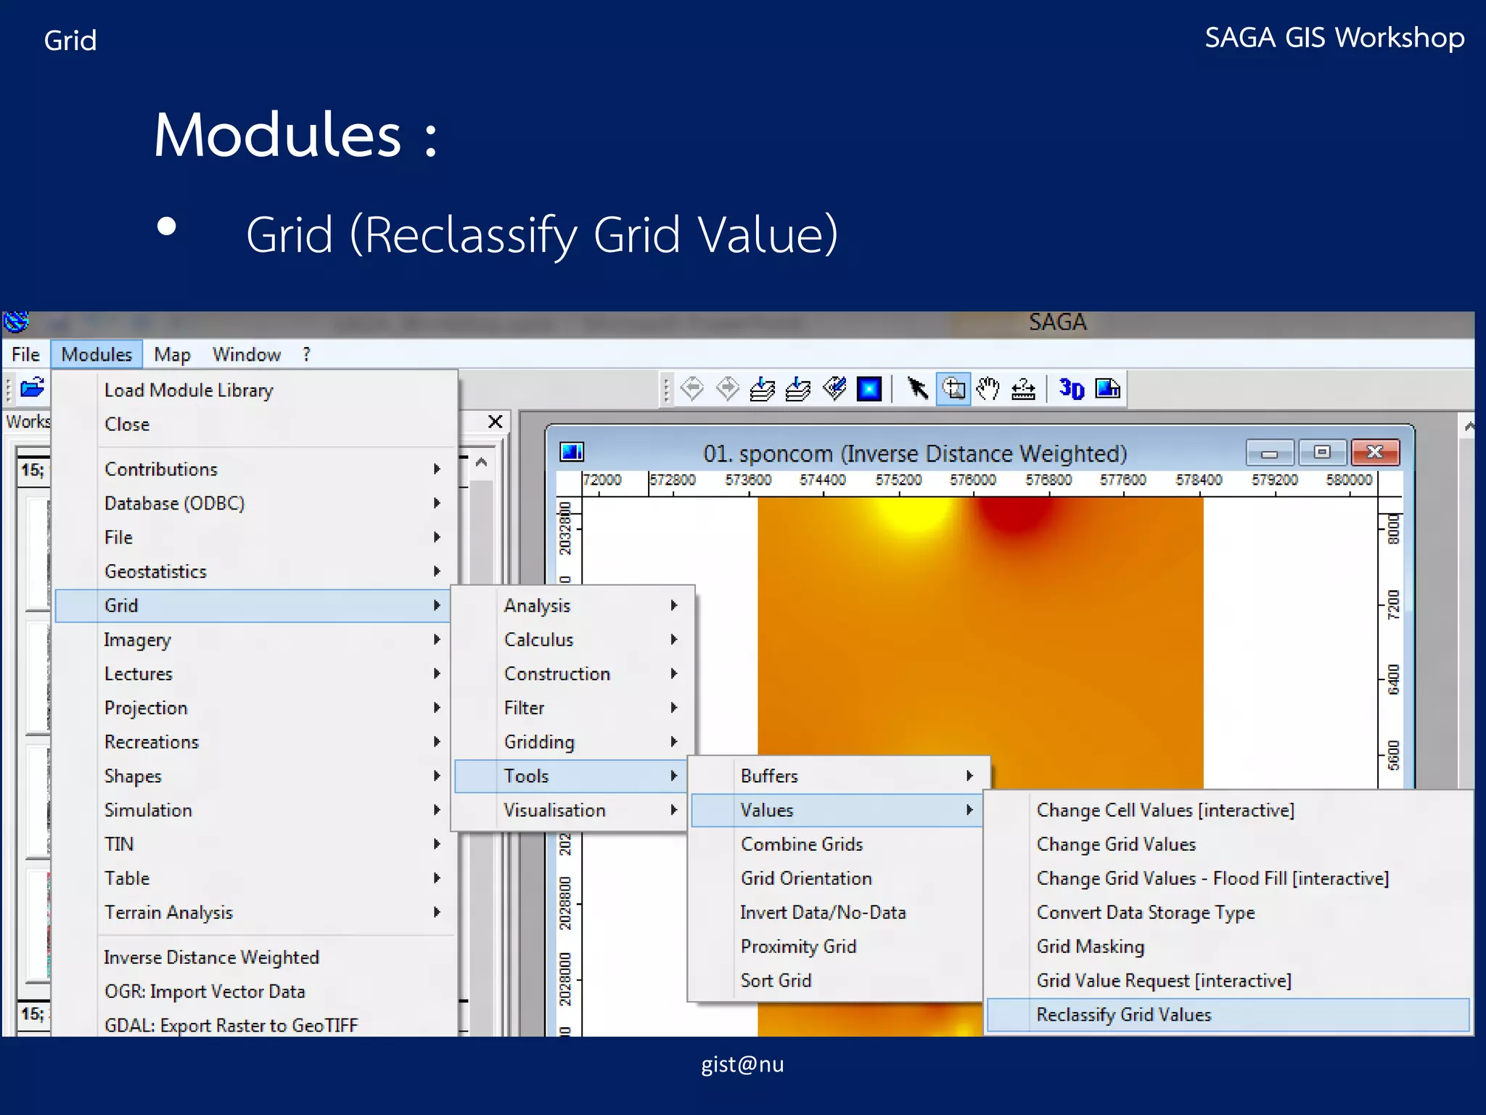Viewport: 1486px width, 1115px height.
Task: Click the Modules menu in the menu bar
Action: point(97,354)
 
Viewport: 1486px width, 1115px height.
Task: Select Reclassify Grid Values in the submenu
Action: point(1123,1015)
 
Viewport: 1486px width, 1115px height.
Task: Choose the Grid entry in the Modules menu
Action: point(121,605)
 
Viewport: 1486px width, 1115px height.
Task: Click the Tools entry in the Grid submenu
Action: point(527,776)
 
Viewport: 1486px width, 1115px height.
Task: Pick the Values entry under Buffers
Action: point(767,810)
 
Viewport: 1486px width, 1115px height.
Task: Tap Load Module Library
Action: point(189,391)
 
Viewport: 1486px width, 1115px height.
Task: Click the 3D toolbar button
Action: point(1071,389)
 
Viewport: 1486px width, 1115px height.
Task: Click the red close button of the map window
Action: point(1374,452)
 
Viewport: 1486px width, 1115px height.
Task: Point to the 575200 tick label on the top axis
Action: point(898,480)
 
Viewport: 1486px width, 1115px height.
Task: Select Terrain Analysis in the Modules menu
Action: point(168,912)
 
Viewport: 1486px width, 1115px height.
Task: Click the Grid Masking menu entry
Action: point(1090,947)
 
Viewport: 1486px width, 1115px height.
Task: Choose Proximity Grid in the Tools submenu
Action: point(798,947)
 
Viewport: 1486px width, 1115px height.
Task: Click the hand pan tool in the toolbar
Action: point(988,389)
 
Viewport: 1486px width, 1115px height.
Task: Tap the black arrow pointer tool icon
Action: point(917,389)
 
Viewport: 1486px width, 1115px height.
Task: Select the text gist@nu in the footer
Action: point(742,1064)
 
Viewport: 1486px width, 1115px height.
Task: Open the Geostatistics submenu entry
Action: point(155,571)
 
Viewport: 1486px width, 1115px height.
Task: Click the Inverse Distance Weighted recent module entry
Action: point(211,957)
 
